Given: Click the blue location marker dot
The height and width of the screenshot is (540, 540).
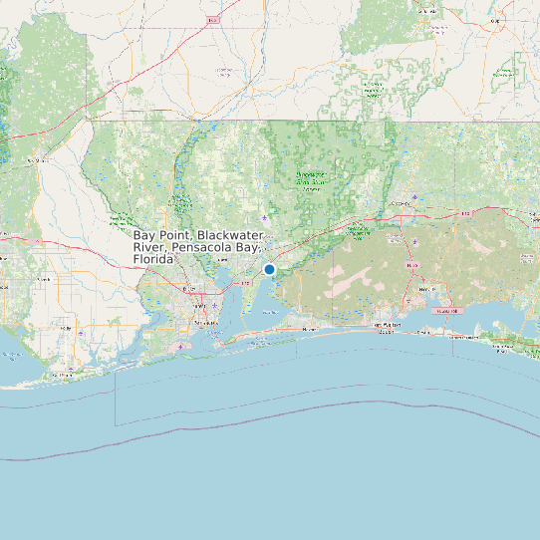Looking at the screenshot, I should pyautogui.click(x=269, y=269).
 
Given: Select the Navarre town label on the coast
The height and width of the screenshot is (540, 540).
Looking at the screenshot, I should pyautogui.click(x=311, y=328).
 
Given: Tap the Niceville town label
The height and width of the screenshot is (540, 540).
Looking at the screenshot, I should pyautogui.click(x=427, y=289).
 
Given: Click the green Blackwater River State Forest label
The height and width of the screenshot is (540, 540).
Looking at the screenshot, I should pyautogui.click(x=311, y=179).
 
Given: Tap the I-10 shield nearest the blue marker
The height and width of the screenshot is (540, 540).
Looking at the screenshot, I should pyautogui.click(x=245, y=283).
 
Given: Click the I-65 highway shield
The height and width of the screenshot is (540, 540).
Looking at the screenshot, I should pyautogui.click(x=211, y=19).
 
